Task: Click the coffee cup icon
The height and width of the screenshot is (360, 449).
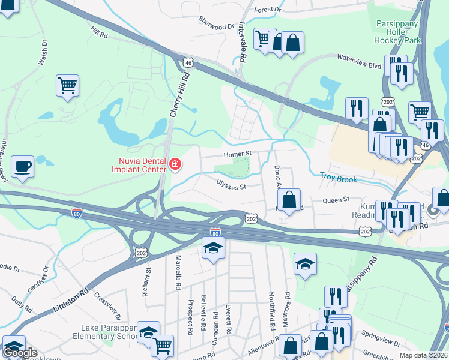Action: click(23, 166)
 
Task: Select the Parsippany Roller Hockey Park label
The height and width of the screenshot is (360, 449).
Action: click(397, 32)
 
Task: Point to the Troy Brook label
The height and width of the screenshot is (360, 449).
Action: click(339, 179)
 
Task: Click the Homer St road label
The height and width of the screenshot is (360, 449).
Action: click(237, 154)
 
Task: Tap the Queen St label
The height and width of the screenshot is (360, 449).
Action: click(336, 199)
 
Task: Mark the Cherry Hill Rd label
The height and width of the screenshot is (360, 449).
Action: click(178, 95)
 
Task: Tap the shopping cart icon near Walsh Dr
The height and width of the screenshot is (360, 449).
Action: click(68, 85)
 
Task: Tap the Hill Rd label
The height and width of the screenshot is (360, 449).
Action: click(100, 32)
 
